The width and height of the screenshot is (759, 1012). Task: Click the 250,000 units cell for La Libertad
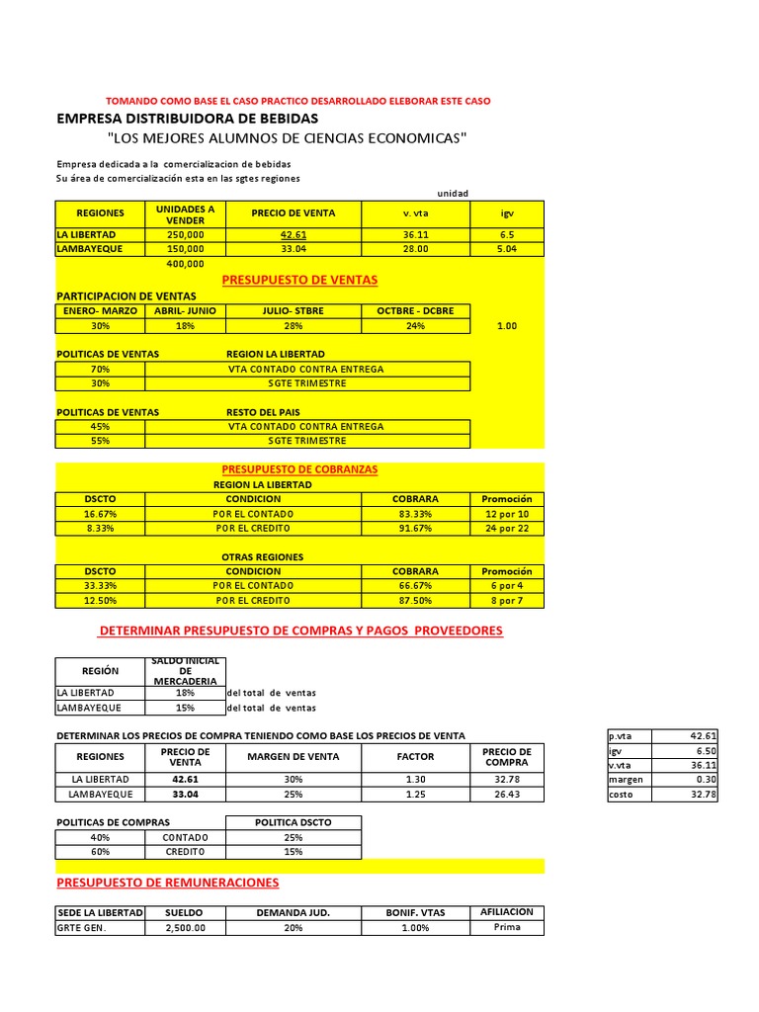[x=185, y=235]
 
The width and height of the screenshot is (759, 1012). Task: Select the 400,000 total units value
[x=185, y=264]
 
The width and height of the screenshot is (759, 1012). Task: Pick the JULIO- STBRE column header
[x=293, y=310]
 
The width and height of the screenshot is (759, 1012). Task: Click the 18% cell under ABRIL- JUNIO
[x=185, y=325]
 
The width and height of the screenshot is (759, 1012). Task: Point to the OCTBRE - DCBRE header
[x=415, y=310]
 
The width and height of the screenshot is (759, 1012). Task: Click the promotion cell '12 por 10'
[x=507, y=514]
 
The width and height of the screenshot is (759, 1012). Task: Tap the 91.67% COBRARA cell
[x=415, y=529]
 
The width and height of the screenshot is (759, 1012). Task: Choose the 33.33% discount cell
[x=100, y=586]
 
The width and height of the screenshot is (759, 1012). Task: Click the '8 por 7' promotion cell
[x=507, y=601]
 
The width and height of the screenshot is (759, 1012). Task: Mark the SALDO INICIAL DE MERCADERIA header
[x=185, y=671]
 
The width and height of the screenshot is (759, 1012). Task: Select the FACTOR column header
[x=415, y=757]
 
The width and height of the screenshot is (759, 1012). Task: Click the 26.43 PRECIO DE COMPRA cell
[x=507, y=794]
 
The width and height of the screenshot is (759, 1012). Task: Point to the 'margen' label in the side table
[x=627, y=780]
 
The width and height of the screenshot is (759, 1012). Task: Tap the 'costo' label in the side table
[x=622, y=795]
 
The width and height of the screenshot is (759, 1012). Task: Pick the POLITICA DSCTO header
[x=294, y=822]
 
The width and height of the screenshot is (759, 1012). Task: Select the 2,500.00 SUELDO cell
[x=185, y=928]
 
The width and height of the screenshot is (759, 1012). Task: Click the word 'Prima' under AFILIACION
[x=507, y=927]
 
